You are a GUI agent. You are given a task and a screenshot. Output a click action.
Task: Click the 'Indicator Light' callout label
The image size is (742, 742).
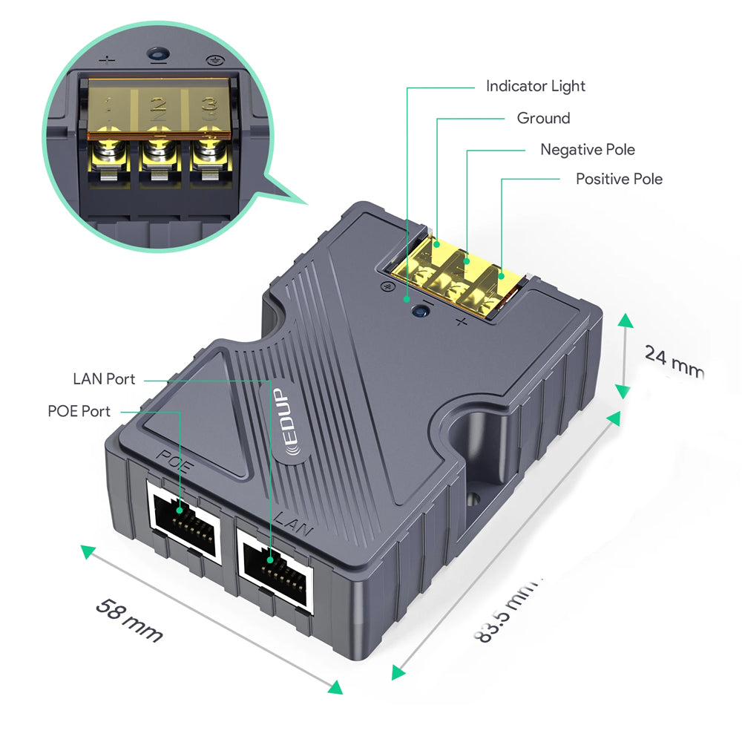point(535,86)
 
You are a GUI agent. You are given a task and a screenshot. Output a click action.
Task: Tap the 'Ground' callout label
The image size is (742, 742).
point(543,118)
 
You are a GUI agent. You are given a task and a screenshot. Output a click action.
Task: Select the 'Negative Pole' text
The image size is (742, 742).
point(587,149)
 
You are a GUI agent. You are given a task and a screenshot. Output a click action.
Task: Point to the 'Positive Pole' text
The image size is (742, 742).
point(619,179)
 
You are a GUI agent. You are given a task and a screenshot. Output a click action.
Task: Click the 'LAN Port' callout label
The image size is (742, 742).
point(104,379)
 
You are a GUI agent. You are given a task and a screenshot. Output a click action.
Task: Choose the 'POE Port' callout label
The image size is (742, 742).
point(79,411)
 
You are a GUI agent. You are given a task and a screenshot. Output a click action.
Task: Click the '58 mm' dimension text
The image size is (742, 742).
point(129,619)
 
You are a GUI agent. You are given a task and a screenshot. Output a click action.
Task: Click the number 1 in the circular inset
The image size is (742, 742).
point(108,108)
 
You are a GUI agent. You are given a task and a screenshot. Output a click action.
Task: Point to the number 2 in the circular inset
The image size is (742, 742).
point(157,108)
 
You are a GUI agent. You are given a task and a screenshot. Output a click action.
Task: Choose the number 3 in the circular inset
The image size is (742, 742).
point(209,108)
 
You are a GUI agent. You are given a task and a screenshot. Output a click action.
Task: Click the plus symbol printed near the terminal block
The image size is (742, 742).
point(462,321)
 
